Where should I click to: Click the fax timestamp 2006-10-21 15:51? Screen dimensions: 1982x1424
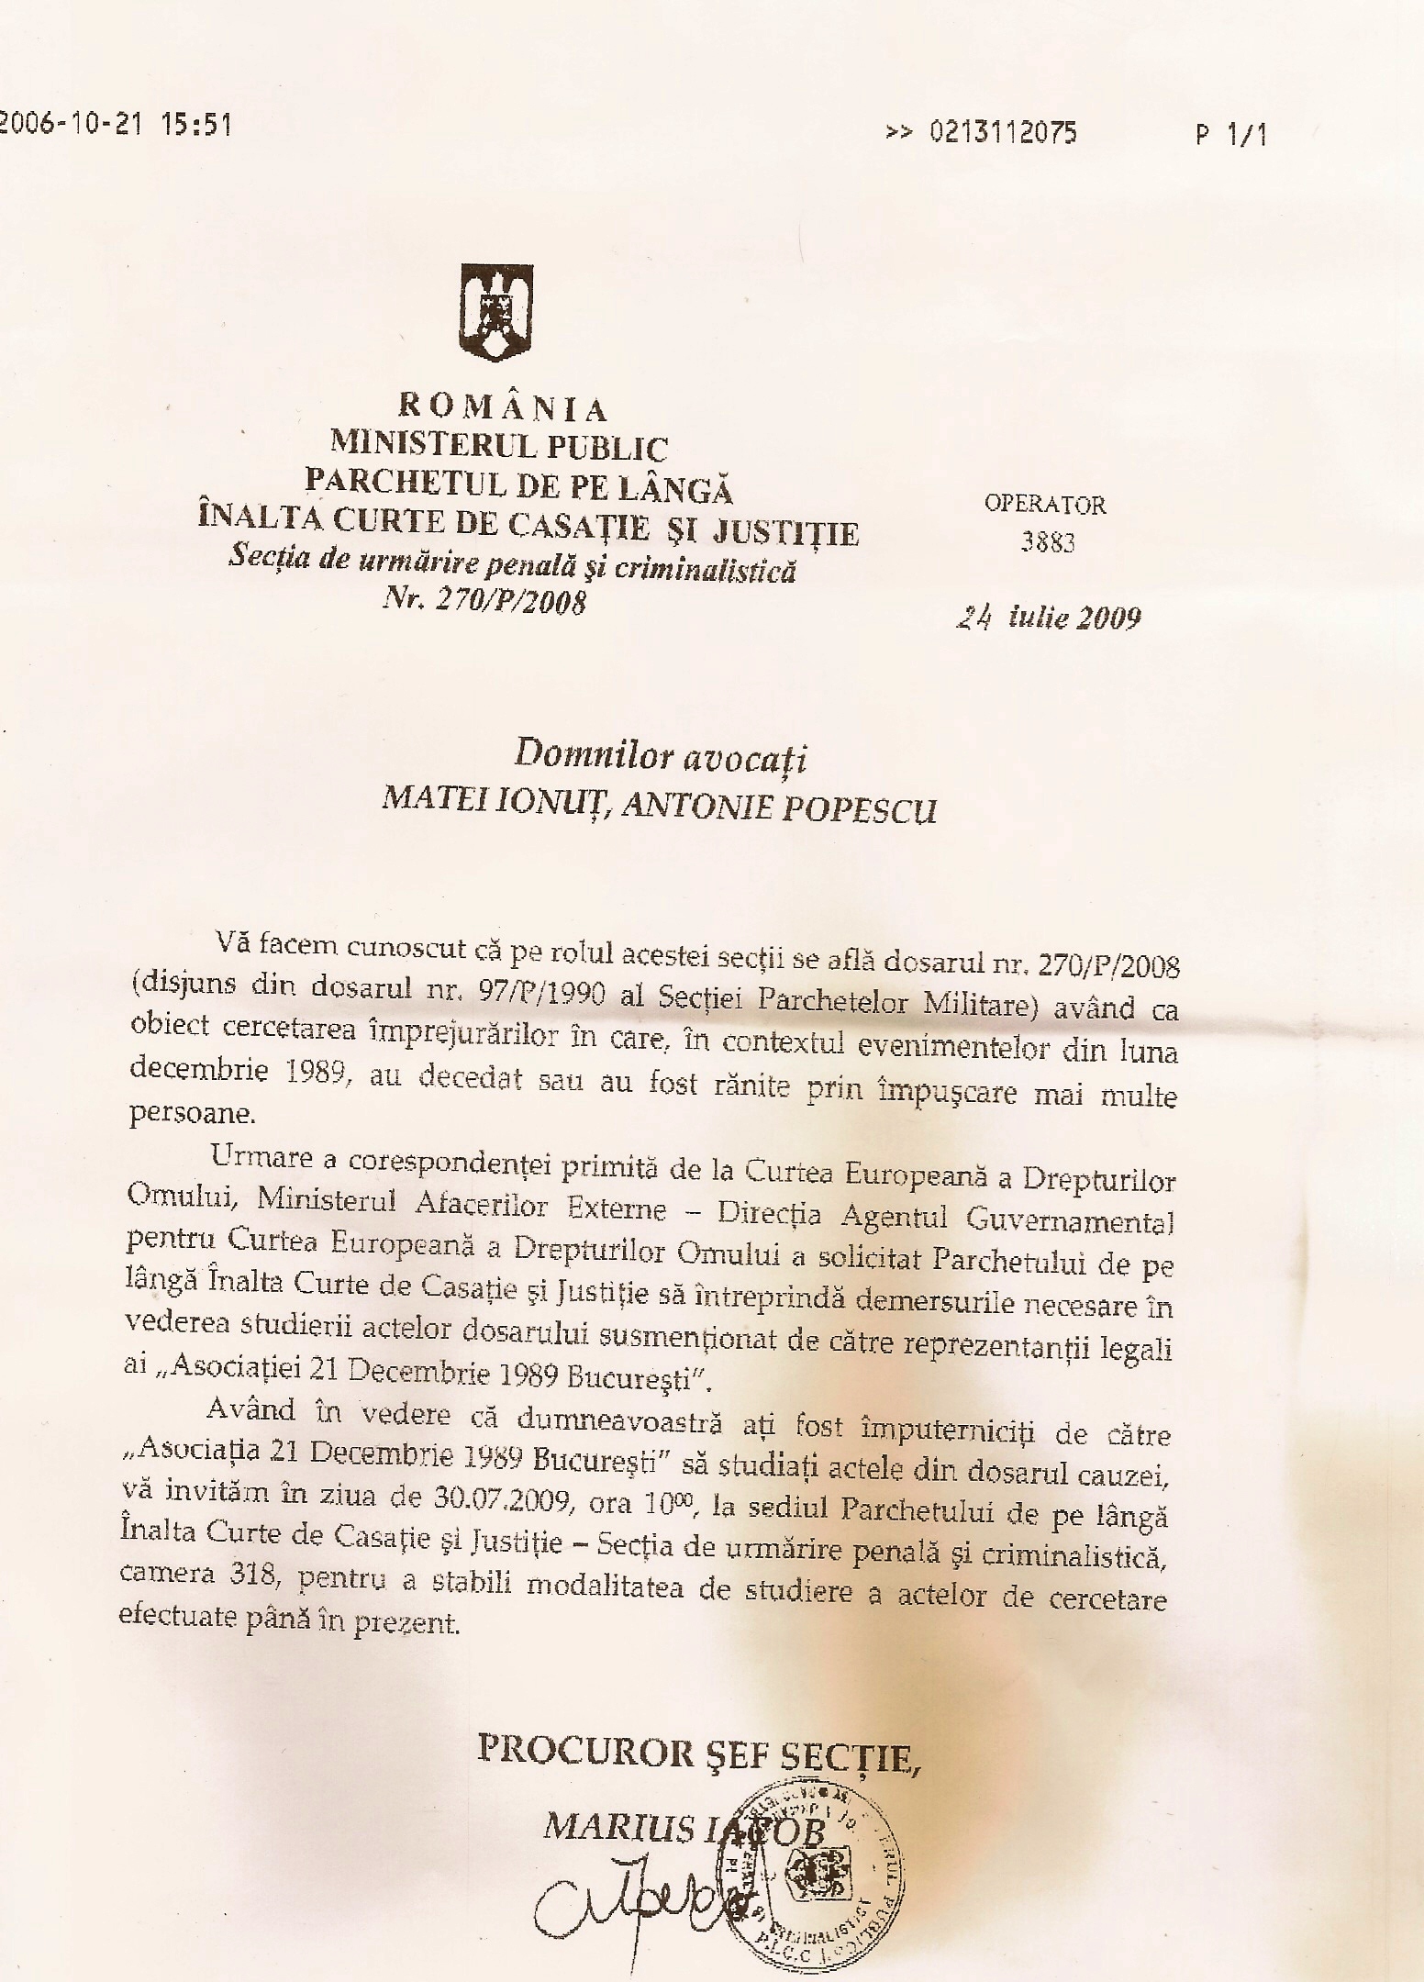pos(114,125)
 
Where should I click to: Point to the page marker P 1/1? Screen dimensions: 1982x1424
pos(1230,136)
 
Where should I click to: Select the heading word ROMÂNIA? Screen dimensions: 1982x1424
pos(502,407)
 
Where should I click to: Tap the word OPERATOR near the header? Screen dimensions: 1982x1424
pos(1045,504)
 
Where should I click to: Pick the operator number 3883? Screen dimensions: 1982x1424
pos(1047,542)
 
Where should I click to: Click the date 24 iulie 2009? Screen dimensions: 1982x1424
pos(1048,618)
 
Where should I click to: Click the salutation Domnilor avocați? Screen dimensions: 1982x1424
pos(660,756)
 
